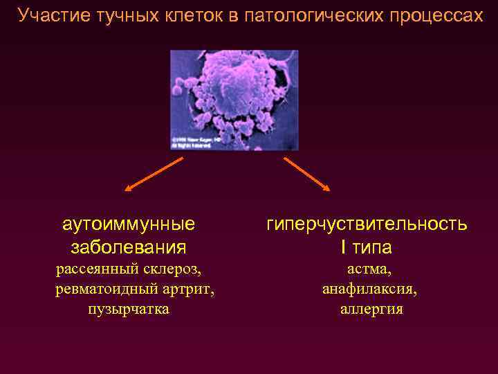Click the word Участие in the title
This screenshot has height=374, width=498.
pos(50,15)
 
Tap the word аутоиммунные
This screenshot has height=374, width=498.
pos(129,224)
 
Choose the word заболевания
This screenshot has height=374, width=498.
pos(129,247)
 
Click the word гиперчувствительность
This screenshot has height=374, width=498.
pos(367,224)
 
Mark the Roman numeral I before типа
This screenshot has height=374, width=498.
pos(342,247)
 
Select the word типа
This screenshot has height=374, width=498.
pos(374,247)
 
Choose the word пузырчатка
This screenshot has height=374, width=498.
pos(129,309)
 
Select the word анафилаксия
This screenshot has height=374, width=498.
pos(369,288)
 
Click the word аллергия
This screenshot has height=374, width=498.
pos(371,309)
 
